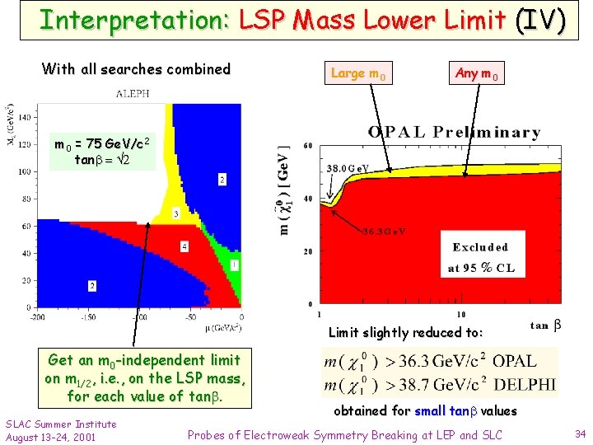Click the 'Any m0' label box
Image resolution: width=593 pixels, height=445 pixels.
pyautogui.click(x=477, y=74)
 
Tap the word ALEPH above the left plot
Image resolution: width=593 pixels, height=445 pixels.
pyautogui.click(x=132, y=94)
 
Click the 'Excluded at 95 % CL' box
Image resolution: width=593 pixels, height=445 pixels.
pyautogui.click(x=480, y=257)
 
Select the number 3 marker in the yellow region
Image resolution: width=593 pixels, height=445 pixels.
pyautogui.click(x=176, y=214)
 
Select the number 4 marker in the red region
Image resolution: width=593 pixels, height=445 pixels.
pyautogui.click(x=184, y=246)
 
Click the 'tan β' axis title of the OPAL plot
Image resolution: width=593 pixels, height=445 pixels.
pyautogui.click(x=545, y=326)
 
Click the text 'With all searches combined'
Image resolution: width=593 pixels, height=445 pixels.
pyautogui.click(x=136, y=69)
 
